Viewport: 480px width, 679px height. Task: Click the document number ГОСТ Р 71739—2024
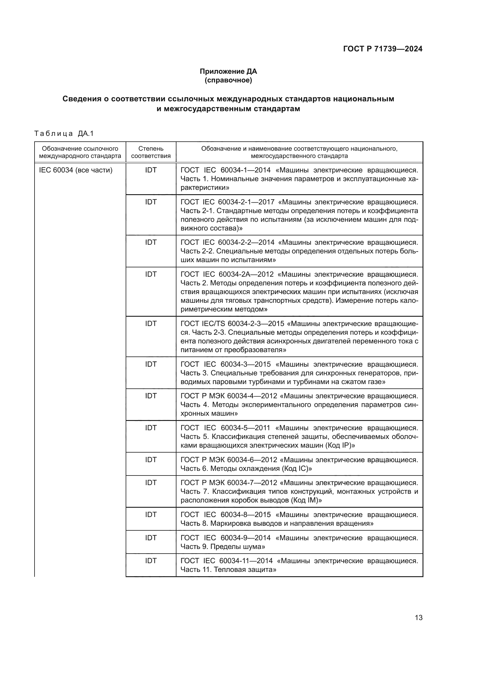(383, 49)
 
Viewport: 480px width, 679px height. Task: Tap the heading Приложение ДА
(228, 71)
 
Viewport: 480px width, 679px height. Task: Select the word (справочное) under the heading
(228, 80)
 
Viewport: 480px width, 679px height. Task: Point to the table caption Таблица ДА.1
(64, 134)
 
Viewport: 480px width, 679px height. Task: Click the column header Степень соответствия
(151, 152)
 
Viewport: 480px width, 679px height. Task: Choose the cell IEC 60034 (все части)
(76, 170)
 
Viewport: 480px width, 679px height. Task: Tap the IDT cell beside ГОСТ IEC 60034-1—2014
(151, 170)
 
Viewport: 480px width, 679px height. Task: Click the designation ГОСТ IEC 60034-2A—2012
(227, 274)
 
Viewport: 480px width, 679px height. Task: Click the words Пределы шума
(237, 547)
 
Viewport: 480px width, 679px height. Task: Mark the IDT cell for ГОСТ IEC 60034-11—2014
(151, 561)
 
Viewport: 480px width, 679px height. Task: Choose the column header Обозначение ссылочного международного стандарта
(80, 152)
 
